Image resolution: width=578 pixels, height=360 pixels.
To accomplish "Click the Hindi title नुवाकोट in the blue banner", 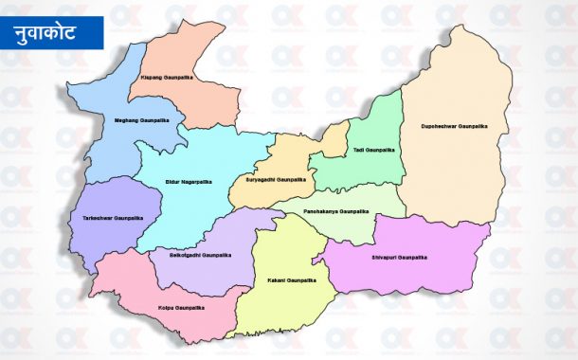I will (x=53, y=32).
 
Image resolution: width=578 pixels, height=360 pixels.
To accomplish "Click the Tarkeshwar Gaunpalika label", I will (x=114, y=218).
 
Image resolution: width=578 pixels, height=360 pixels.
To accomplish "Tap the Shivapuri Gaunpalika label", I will (x=399, y=258).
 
